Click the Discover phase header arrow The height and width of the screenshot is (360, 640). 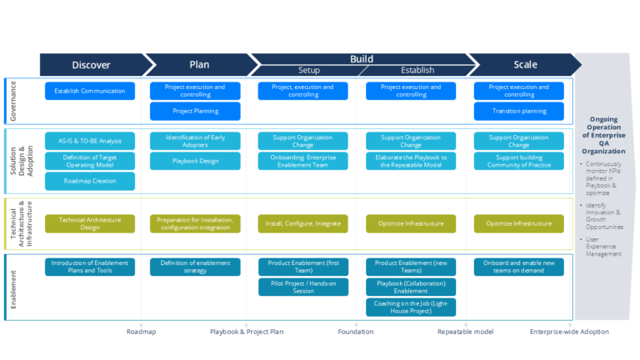(x=92, y=64)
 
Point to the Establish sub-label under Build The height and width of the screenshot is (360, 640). (x=417, y=71)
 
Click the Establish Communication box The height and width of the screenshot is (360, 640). (x=90, y=91)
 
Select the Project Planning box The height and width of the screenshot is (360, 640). (x=195, y=110)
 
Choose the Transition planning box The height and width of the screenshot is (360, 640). (x=519, y=110)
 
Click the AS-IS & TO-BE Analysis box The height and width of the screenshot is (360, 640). (x=90, y=141)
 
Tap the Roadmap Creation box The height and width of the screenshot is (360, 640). (x=90, y=181)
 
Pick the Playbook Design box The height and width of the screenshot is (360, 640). (x=195, y=161)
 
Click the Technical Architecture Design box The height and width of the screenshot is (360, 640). (x=90, y=223)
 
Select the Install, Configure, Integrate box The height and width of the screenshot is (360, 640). (x=302, y=223)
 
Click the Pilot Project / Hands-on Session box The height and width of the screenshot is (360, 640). (x=302, y=287)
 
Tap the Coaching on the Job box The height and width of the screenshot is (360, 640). (x=411, y=307)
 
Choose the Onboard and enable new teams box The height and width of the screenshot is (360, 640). (x=519, y=267)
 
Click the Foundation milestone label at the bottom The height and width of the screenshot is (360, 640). (x=355, y=332)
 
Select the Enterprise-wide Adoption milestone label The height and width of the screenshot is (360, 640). (x=569, y=332)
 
